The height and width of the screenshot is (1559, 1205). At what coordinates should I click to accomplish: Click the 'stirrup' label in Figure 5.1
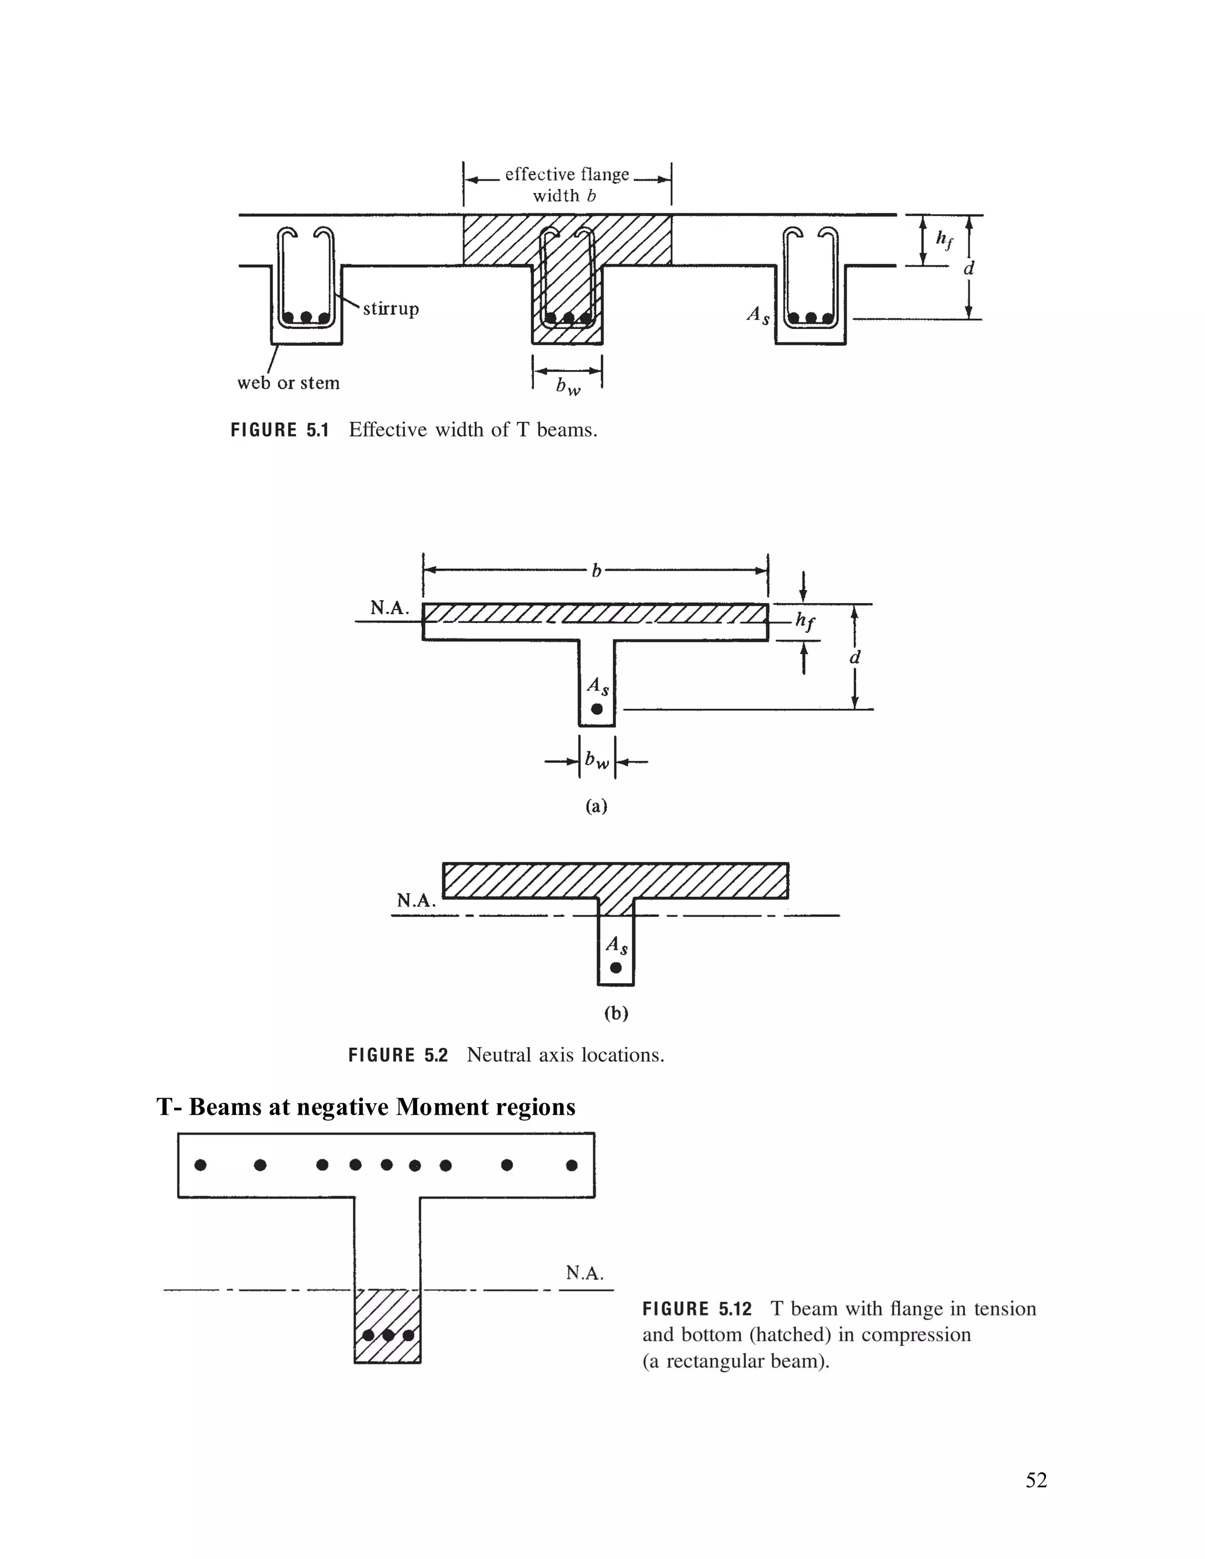(x=391, y=309)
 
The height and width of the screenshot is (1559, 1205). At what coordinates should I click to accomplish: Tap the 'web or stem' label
(x=288, y=384)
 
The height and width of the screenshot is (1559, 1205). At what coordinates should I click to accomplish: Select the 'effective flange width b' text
(x=566, y=185)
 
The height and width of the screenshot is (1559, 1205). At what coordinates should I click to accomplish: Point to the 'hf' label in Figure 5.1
(x=944, y=240)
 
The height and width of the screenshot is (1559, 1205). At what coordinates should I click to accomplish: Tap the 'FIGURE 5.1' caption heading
(x=280, y=431)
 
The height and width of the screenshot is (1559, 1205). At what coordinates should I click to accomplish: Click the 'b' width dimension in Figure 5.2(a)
(x=596, y=570)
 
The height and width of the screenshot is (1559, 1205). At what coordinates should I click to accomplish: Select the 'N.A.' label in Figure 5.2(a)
(x=389, y=608)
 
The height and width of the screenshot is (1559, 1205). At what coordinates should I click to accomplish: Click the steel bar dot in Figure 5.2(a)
(x=597, y=709)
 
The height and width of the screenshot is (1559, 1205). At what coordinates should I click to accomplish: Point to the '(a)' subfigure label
(x=596, y=806)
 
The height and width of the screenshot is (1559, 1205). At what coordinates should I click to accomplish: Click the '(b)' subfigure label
(x=615, y=1013)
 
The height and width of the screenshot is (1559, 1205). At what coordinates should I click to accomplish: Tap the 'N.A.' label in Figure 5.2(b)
(x=415, y=901)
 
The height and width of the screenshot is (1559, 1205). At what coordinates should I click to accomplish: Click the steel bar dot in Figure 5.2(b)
(x=615, y=968)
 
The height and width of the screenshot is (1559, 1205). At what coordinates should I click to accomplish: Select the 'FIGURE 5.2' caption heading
(x=398, y=1056)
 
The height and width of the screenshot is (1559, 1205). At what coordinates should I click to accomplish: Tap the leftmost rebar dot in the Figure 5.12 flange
(x=201, y=1165)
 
